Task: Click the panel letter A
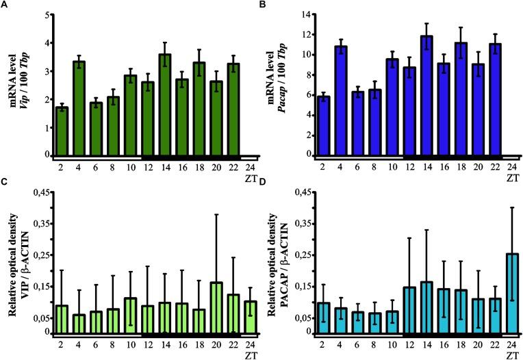(5, 6)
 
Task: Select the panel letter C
(5, 183)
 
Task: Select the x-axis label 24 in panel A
(251, 166)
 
